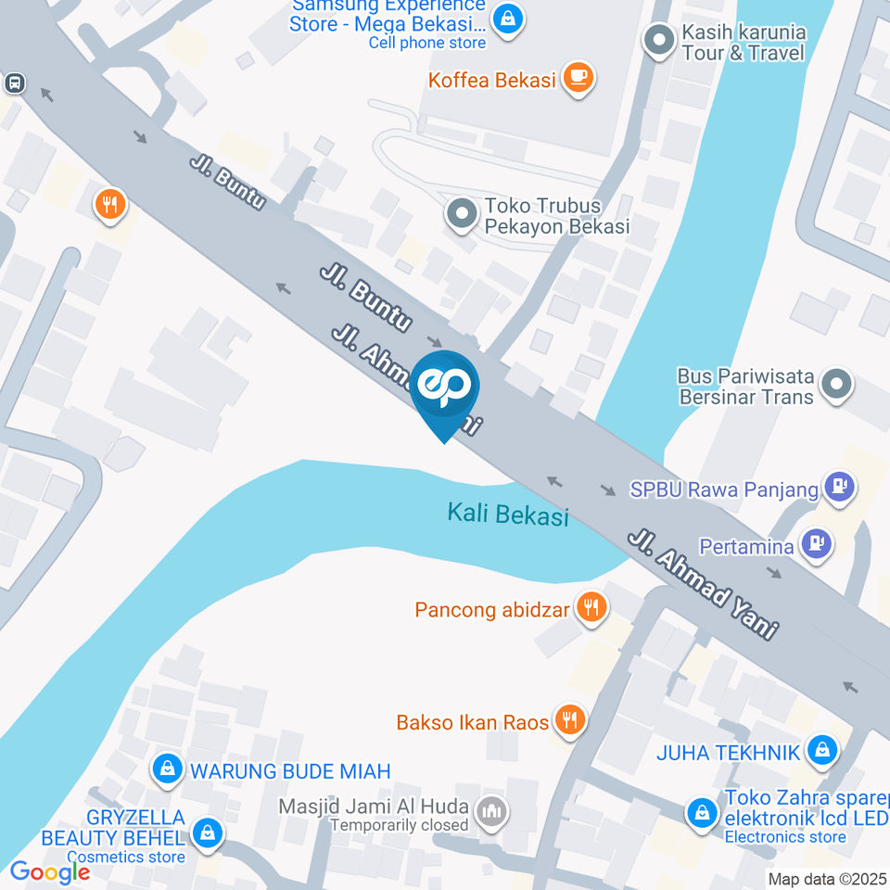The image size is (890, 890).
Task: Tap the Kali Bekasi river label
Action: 507,514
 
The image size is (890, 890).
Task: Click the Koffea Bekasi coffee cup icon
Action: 578,78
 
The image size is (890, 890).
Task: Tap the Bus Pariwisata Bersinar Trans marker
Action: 836,385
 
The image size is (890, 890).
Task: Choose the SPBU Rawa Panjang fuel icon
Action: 840,487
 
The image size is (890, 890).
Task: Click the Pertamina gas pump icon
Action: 817,544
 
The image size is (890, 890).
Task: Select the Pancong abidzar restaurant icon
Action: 590,608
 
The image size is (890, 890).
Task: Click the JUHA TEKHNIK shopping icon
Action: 821,751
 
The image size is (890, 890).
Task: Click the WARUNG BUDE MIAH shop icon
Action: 168,769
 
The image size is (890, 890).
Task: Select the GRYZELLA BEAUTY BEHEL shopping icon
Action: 208,833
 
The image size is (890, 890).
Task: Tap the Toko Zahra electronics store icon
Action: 702,813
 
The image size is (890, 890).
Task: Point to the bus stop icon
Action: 14,83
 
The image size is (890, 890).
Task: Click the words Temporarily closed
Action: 399,825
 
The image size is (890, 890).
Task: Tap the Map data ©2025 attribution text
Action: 827,879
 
